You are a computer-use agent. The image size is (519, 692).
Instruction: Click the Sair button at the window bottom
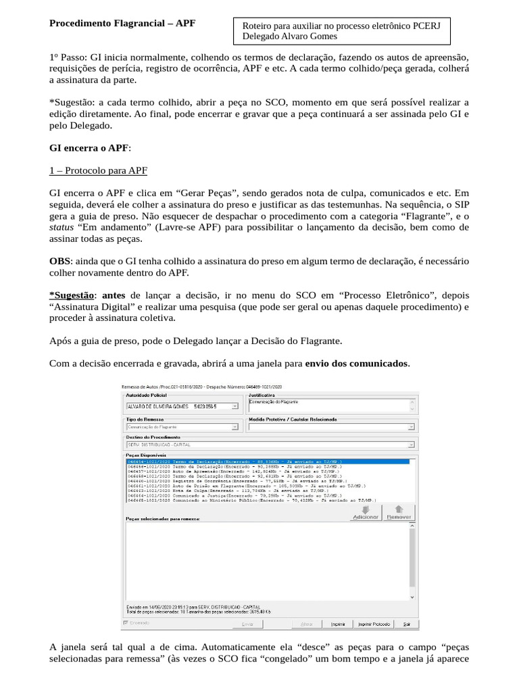(x=405, y=624)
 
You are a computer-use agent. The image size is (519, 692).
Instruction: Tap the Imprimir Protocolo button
(x=373, y=624)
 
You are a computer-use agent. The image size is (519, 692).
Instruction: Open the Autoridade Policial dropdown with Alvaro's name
(x=182, y=407)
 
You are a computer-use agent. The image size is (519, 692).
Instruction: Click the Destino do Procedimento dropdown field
(x=270, y=445)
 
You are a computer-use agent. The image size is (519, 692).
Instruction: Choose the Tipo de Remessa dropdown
(x=182, y=427)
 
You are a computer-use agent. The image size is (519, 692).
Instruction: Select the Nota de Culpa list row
(x=223, y=490)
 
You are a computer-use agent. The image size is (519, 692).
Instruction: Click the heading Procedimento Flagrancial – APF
(x=122, y=23)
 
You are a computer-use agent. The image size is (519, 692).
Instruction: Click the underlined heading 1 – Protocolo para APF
(x=98, y=170)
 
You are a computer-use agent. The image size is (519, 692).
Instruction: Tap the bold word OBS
(x=59, y=261)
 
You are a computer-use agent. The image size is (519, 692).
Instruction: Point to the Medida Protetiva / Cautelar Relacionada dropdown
(x=331, y=427)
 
